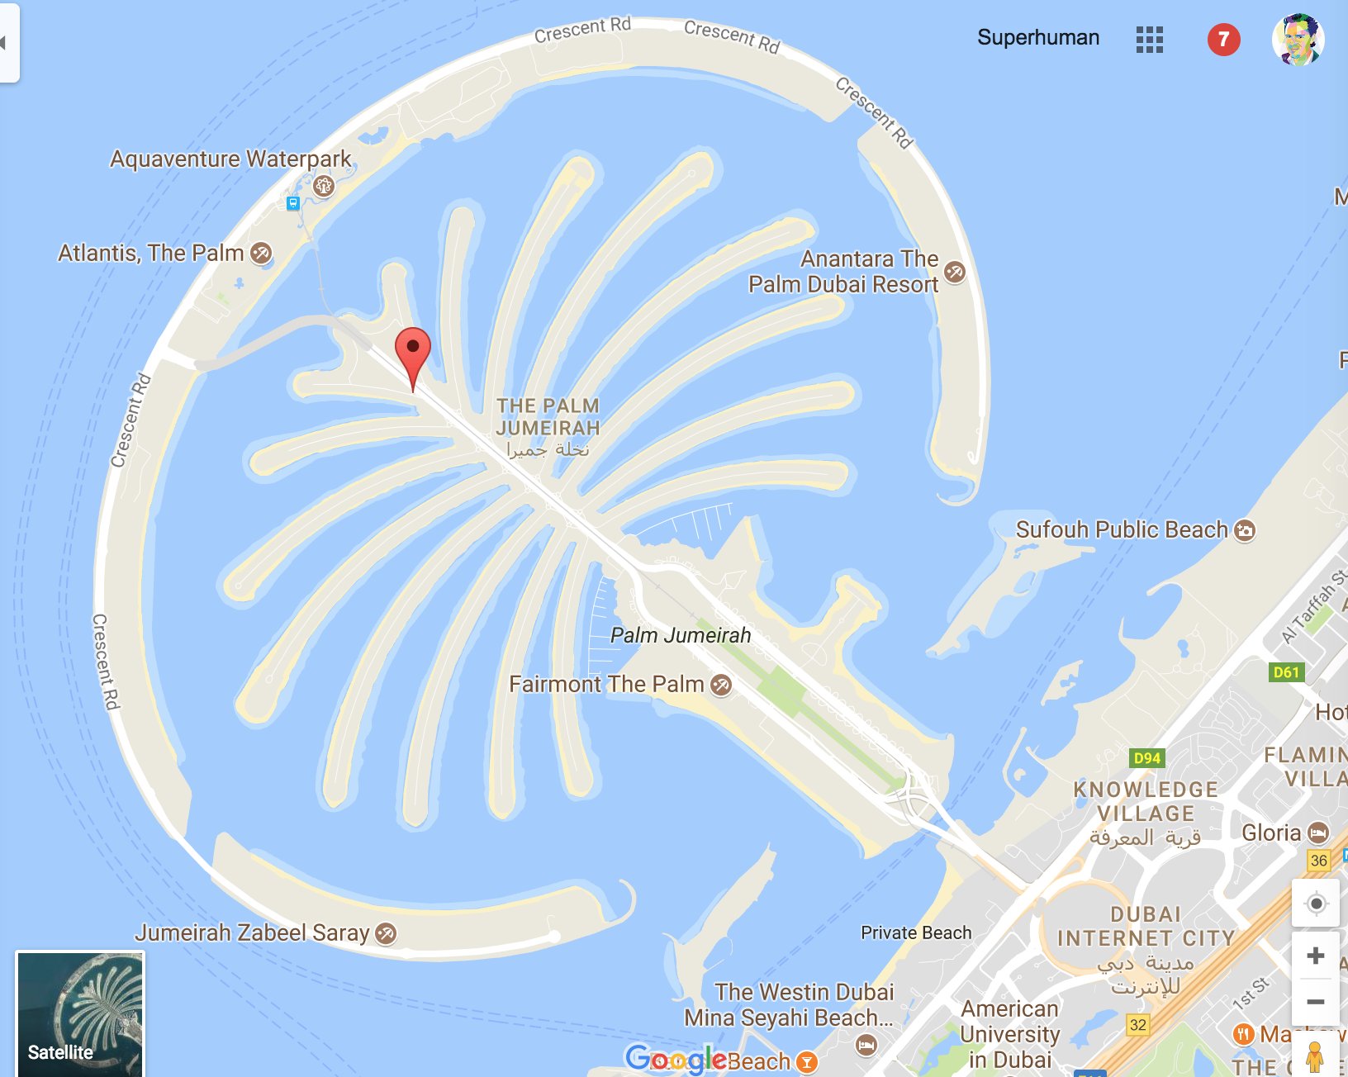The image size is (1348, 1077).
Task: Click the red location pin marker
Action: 413,351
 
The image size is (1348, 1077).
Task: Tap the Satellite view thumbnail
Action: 80,1013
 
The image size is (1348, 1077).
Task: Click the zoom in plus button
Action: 1316,956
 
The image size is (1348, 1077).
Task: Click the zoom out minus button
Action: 1316,1002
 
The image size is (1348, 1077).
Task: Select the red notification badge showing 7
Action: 1223,39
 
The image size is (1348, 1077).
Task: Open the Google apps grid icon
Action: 1149,39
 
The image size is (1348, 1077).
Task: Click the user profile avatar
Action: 1298,39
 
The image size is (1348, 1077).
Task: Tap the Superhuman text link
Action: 1038,38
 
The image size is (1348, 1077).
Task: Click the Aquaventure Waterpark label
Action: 230,159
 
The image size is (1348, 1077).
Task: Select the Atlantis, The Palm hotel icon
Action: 261,253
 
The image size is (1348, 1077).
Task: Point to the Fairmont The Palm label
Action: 606,684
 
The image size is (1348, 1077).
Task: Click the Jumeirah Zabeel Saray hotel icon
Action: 386,933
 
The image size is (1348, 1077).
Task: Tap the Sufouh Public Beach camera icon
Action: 1245,530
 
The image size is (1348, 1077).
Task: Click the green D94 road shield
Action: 1147,757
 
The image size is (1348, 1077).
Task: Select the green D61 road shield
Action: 1286,671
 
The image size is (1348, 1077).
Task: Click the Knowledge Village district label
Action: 1146,802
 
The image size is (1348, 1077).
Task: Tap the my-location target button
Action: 1316,904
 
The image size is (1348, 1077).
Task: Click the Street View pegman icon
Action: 1315,1056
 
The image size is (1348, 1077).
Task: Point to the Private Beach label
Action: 916,932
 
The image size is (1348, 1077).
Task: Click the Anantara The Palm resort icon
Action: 954,271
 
